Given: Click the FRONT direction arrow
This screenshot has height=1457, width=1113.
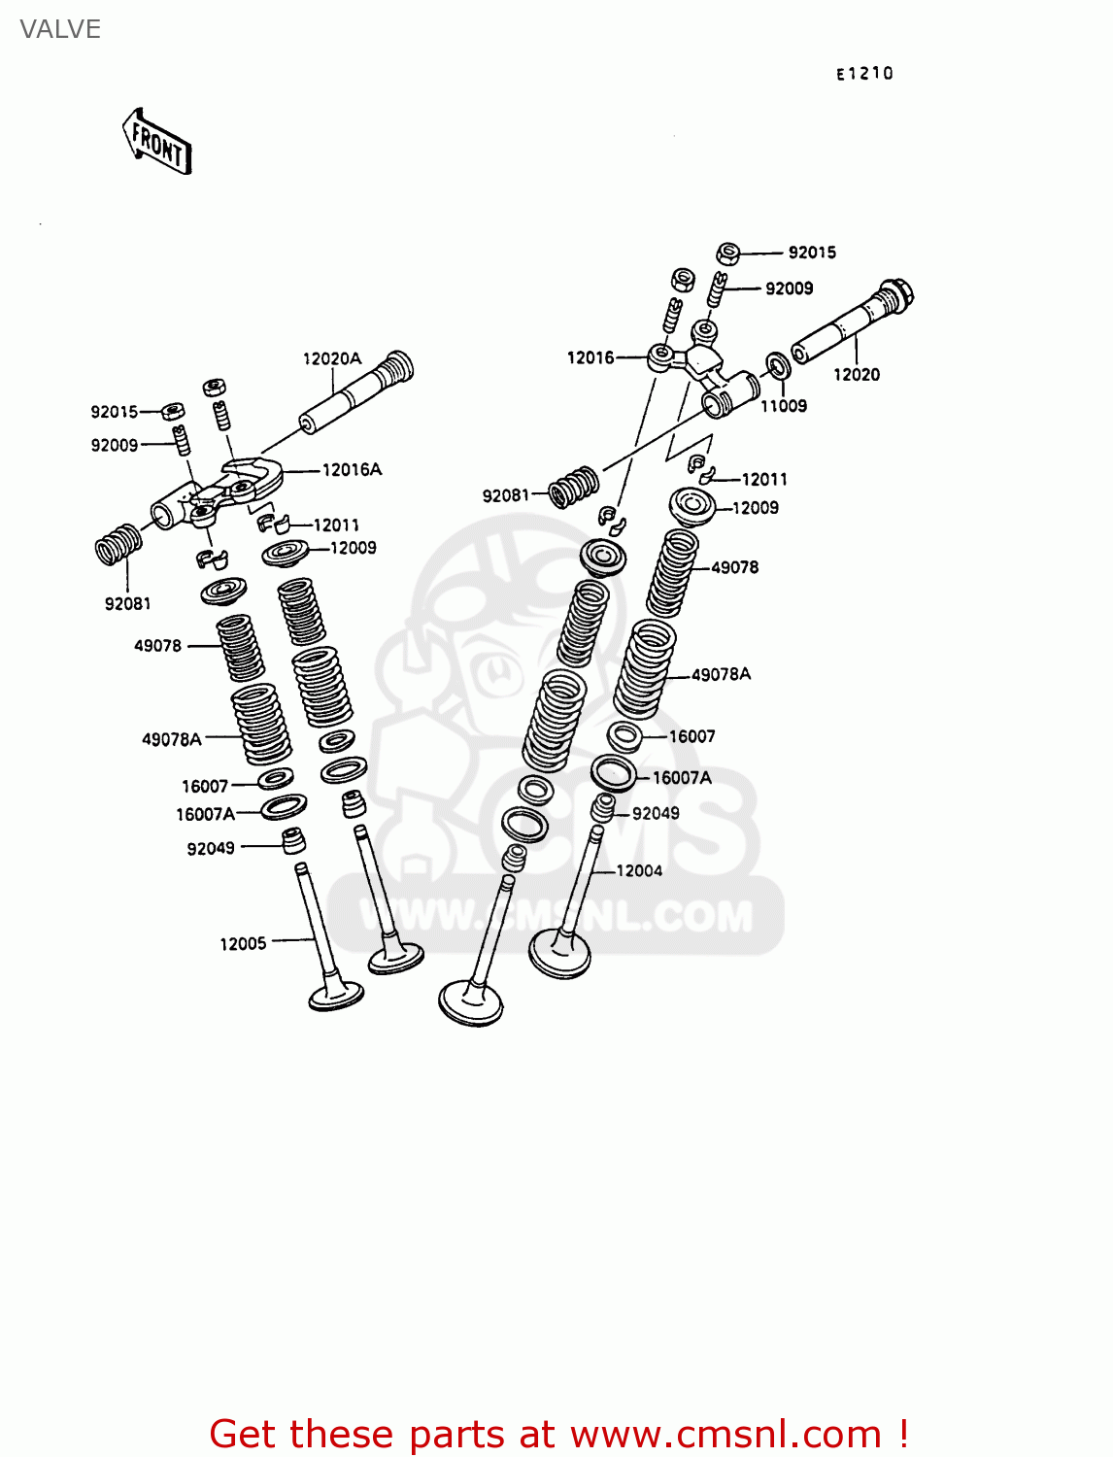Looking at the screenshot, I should (157, 143).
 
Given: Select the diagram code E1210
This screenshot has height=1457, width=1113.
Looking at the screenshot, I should (864, 74).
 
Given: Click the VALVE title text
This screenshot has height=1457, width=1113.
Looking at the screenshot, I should (60, 29).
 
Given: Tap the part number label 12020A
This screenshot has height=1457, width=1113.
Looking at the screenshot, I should (331, 359).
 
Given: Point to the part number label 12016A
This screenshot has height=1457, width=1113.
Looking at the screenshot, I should (352, 470).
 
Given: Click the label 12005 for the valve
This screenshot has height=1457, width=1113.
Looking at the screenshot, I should (243, 944).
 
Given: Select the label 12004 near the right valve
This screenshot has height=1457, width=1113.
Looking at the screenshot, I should (639, 871).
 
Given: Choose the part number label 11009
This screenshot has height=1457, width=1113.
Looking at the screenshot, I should (783, 406).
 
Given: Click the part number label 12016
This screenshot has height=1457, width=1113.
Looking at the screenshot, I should (590, 358).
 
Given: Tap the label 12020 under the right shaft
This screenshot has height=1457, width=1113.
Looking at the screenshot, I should (856, 375).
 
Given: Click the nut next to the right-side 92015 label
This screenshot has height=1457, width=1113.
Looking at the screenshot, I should (728, 254).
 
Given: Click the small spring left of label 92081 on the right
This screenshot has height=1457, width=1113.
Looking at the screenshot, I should (573, 487).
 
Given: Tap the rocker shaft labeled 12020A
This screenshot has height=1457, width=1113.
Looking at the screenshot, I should (355, 393).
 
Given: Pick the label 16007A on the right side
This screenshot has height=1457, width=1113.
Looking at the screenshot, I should (682, 778).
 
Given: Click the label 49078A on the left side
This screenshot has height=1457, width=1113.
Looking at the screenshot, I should (172, 740).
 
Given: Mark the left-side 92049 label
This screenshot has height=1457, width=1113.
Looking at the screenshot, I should (211, 849).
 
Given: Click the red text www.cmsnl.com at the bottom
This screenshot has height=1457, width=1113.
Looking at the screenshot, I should (725, 1435).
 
